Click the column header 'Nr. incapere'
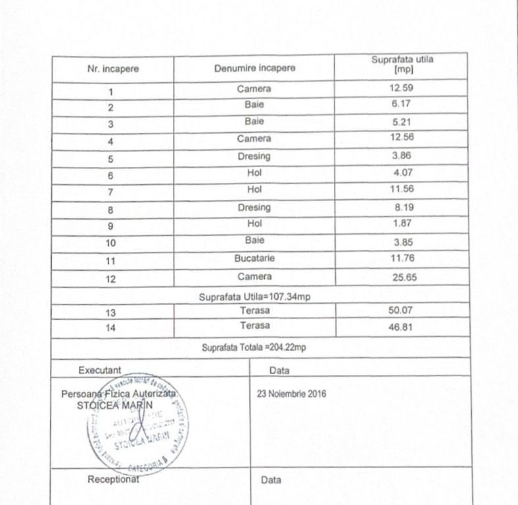[112, 68]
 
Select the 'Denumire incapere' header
[254, 68]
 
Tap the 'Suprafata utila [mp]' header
[402, 64]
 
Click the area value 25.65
[404, 277]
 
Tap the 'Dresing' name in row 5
[254, 157]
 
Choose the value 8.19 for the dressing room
[403, 208]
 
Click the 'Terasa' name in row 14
[255, 325]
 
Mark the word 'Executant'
[99, 370]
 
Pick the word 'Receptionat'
[113, 479]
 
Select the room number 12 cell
[111, 279]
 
